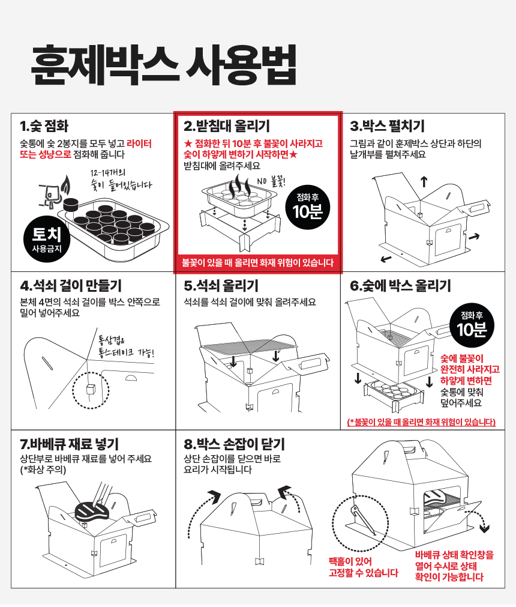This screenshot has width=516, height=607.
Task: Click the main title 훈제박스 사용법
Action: click(163, 65)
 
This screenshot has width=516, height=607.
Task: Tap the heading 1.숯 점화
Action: click(44, 126)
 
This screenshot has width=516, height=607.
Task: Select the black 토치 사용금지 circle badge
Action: click(47, 239)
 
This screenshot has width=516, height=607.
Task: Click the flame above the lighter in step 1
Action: click(67, 185)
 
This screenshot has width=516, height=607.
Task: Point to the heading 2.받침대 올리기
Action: click(226, 126)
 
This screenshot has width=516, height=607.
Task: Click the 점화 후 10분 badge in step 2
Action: click(308, 207)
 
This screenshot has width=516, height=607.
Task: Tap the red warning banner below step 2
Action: click(257, 262)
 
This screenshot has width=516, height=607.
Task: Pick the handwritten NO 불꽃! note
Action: click(271, 181)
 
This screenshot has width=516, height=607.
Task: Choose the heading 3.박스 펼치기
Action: click(387, 126)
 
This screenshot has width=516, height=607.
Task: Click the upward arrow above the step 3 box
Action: click(424, 181)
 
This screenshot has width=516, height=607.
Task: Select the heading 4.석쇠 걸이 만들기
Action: click(71, 286)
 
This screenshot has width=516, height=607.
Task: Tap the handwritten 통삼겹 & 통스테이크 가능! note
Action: click(126, 347)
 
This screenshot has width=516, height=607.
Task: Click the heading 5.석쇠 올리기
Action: click(221, 286)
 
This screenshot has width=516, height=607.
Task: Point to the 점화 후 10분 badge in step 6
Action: click(472, 325)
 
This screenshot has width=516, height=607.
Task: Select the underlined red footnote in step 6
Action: click(421, 421)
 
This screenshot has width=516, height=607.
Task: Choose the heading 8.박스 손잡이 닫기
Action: click(234, 444)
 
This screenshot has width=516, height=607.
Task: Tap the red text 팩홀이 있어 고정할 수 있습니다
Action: click(363, 567)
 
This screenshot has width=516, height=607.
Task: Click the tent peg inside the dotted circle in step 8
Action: click(362, 521)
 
